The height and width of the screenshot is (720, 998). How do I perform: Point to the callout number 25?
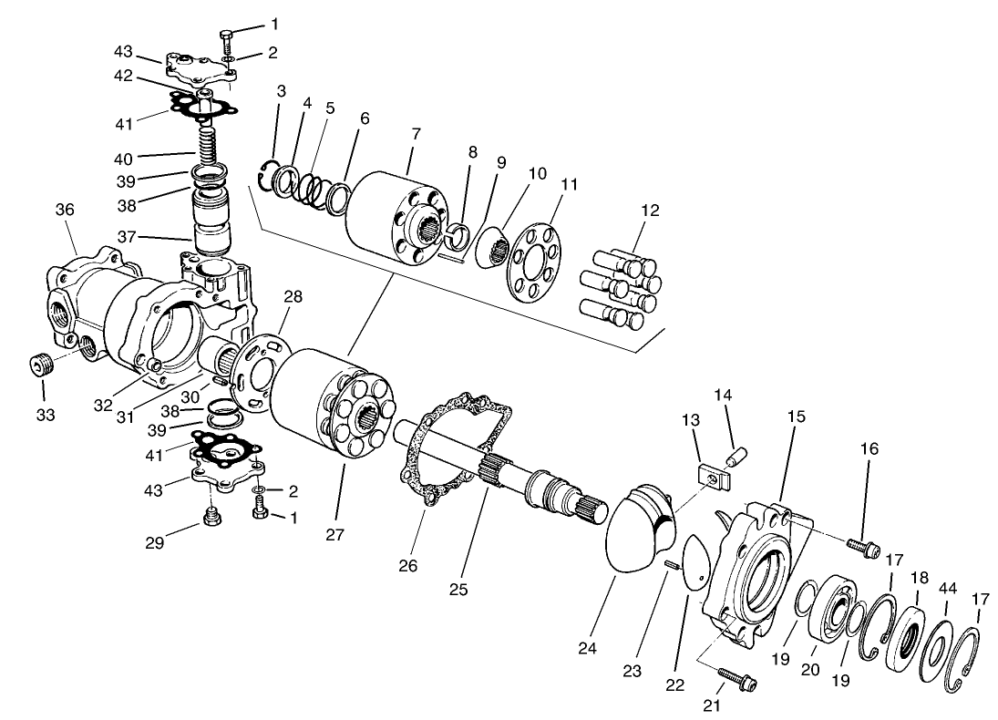458,589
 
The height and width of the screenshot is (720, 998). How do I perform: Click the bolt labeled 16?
861,547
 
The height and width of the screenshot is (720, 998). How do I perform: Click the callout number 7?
416,134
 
